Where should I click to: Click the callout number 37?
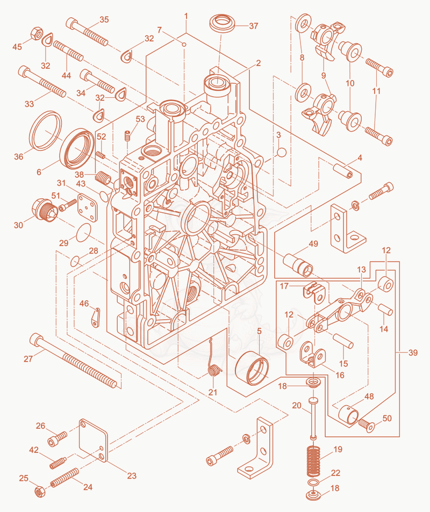(x=254, y=26)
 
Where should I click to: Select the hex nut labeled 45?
(x=37, y=34)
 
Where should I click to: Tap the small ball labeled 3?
(x=282, y=153)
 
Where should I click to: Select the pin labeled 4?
(x=343, y=171)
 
